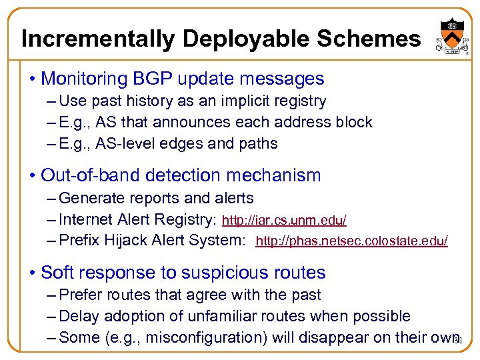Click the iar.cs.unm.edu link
[x=284, y=220]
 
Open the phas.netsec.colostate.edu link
[x=351, y=241]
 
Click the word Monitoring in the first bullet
[x=83, y=79]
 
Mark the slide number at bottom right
[x=457, y=340]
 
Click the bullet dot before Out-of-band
[x=32, y=176]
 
